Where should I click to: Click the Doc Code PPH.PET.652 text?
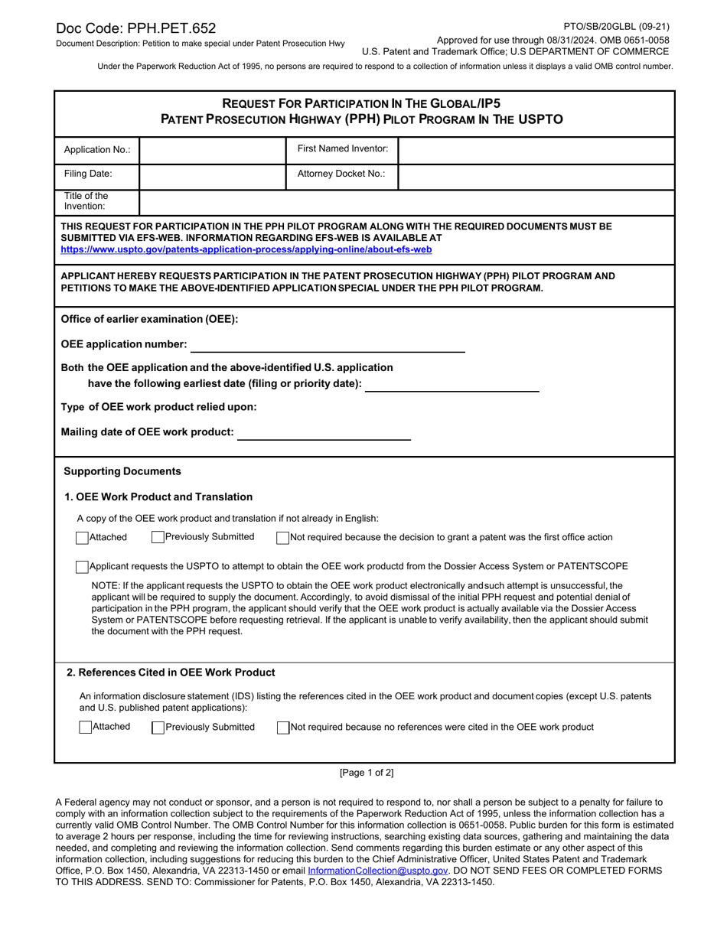[x=135, y=29]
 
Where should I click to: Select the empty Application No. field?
[x=212, y=150]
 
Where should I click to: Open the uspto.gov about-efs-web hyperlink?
[x=246, y=249]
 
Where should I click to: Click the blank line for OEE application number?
[x=328, y=345]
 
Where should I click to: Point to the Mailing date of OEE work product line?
[x=324, y=433]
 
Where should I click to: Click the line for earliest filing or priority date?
[x=452, y=384]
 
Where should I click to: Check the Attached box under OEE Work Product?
[x=83, y=538]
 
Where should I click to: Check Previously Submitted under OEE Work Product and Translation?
[x=158, y=538]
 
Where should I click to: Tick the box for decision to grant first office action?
[x=283, y=538]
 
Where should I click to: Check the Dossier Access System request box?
[x=83, y=567]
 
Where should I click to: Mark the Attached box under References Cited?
[x=86, y=728]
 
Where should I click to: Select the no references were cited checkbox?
[x=283, y=728]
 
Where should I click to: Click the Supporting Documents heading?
[x=122, y=471]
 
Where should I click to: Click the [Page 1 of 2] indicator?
[x=367, y=773]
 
